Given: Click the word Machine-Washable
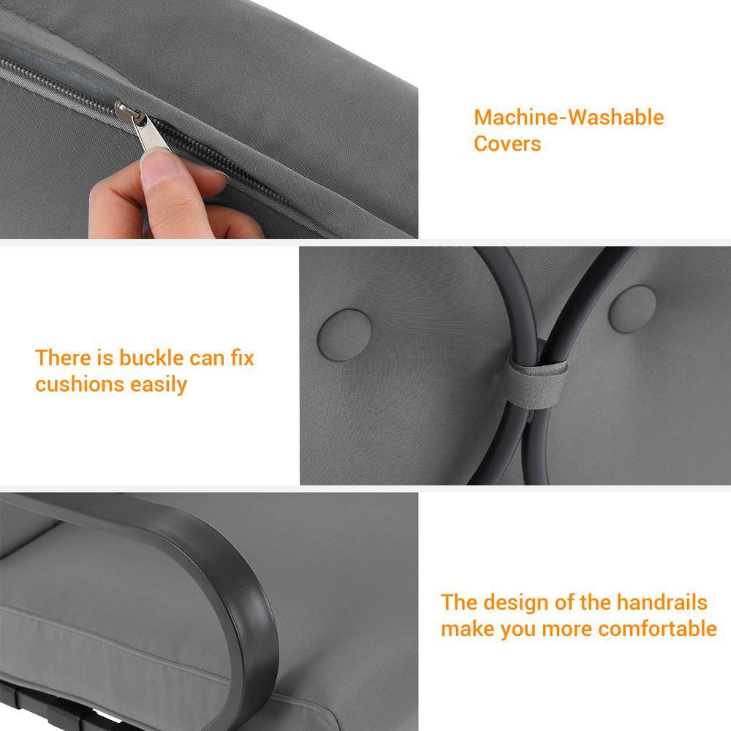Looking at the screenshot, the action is click(569, 117).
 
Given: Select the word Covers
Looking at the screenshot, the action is click(507, 143).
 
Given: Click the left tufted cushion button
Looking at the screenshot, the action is click(344, 335).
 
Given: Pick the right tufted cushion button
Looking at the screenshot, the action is click(632, 309).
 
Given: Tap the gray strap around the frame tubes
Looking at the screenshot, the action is click(536, 382).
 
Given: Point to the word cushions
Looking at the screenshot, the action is click(79, 385).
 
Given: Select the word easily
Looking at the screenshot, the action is click(159, 385).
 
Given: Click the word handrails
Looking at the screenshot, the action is click(662, 602).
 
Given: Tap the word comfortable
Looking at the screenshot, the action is click(658, 629).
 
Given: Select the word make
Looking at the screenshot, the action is click(468, 629).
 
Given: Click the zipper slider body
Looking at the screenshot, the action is click(126, 111).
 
